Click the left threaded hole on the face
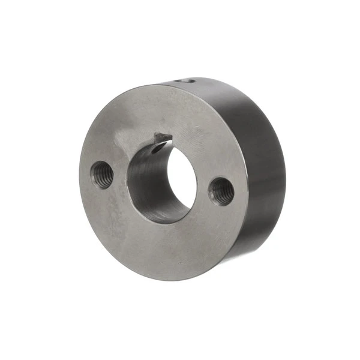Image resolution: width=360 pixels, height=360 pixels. coord(101,175)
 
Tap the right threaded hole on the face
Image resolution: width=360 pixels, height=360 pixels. coord(221,191)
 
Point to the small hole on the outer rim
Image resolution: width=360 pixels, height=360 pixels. coord(187,80)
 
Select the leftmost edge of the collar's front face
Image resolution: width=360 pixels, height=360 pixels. coord(80,180)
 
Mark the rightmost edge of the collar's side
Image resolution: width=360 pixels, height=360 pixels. coord(285,174)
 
